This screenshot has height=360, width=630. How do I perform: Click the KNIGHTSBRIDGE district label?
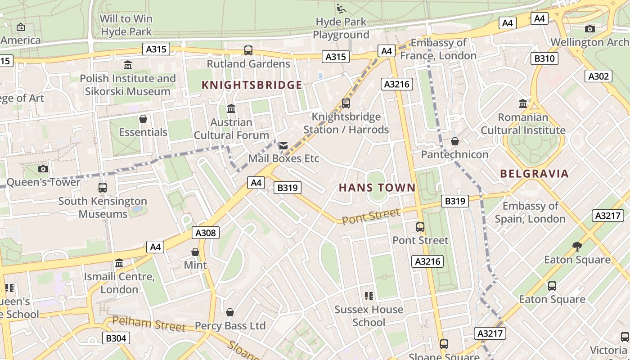[x=252, y=85]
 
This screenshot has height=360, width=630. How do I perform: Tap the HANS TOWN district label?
[x=377, y=188]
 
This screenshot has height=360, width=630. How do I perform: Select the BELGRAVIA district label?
[x=534, y=174]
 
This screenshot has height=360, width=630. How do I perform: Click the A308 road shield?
[x=206, y=233]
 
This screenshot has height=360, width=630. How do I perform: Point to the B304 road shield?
[x=116, y=338]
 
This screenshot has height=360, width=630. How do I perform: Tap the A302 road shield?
[x=598, y=76]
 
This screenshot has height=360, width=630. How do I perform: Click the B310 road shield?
[x=544, y=58]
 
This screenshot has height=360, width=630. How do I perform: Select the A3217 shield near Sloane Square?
[x=490, y=333]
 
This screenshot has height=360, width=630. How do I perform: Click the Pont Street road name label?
[x=370, y=216]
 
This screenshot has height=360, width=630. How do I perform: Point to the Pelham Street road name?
[x=148, y=324]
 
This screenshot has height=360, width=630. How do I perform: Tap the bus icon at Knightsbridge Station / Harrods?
[x=346, y=103]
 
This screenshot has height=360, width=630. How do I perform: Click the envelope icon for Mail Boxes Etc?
[x=283, y=145]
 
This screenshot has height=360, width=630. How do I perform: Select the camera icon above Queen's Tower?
[x=43, y=169]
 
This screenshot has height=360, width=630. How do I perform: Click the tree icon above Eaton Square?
[x=577, y=246]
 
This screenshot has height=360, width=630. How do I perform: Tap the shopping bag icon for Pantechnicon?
[x=454, y=141]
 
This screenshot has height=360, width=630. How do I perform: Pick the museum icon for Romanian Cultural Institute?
[x=522, y=104]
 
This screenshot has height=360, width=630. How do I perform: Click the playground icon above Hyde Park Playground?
[x=341, y=8]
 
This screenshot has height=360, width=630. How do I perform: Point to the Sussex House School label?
[x=369, y=316]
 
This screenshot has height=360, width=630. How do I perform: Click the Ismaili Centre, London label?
[x=119, y=283]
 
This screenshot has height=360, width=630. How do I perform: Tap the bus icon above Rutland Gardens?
[x=248, y=50]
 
